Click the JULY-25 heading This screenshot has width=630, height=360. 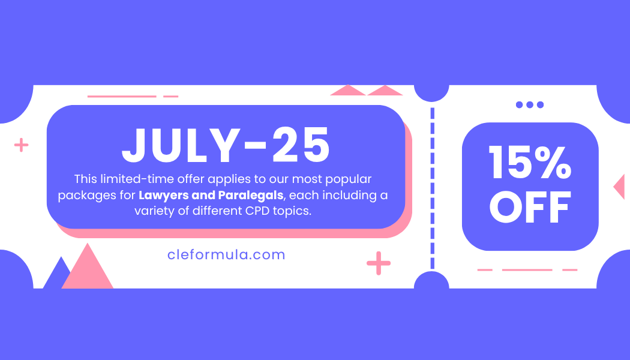[226, 145]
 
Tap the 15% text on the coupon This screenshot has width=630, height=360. [530, 162]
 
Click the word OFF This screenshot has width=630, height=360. [530, 207]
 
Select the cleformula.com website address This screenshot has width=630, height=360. [226, 255]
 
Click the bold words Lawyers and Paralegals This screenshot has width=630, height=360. [211, 195]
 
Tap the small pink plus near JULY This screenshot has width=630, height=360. [21, 145]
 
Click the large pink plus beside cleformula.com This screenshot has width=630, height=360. [379, 263]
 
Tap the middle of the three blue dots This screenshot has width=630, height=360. [530, 105]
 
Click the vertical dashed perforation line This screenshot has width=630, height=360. [433, 188]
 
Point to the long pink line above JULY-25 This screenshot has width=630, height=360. [122, 97]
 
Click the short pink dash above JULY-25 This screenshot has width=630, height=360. [171, 97]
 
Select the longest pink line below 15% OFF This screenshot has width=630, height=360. [527, 270]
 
